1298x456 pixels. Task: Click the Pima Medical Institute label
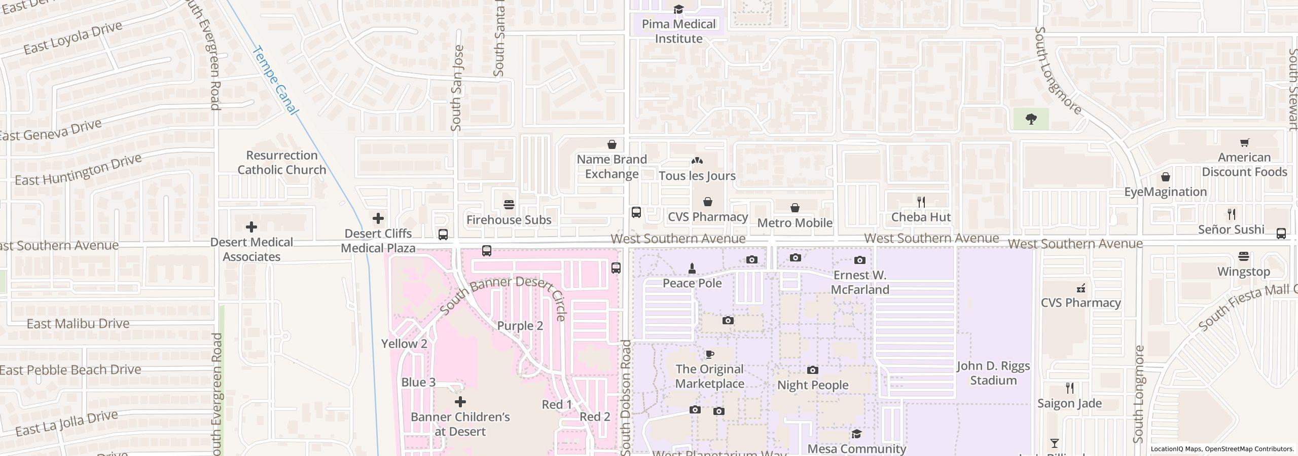(678, 31)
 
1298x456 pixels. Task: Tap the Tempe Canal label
(275, 80)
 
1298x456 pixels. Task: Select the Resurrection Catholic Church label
(282, 163)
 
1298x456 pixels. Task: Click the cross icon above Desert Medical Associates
(251, 227)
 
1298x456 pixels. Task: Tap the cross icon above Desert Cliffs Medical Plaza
(378, 218)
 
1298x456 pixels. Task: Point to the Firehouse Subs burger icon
(509, 205)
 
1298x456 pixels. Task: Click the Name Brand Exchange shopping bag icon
(612, 144)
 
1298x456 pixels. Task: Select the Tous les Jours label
(697, 176)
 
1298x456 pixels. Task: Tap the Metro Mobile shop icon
(795, 208)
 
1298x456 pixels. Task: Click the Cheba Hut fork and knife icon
(921, 202)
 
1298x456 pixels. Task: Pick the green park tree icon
(1031, 120)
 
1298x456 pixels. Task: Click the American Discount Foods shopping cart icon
(1244, 142)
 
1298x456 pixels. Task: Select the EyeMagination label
(1165, 192)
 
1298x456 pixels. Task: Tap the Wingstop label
(1243, 272)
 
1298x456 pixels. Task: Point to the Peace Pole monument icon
(692, 268)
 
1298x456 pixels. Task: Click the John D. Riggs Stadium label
(993, 373)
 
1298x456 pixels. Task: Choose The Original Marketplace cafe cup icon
(709, 354)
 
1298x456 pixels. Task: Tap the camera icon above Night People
(812, 370)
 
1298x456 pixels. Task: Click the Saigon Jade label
(1069, 403)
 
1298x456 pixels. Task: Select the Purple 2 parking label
(520, 326)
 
